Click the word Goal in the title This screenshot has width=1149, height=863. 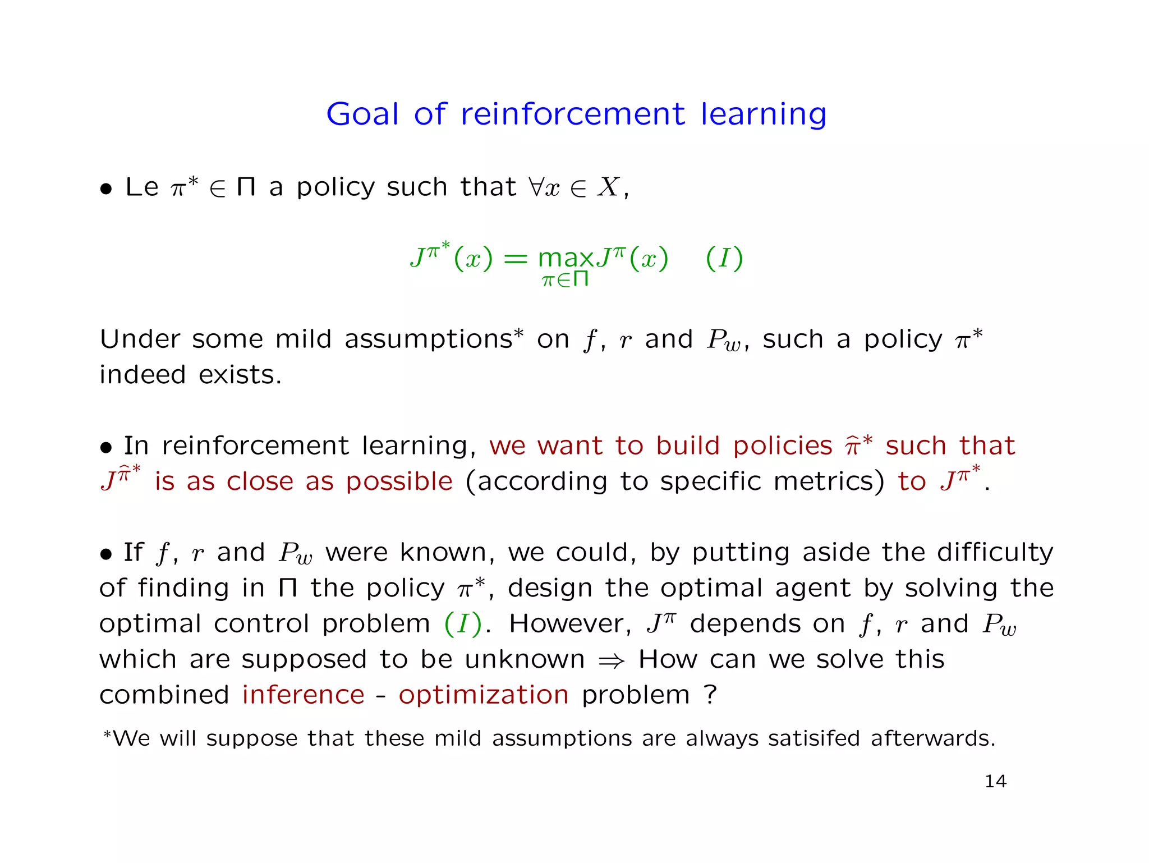(x=362, y=114)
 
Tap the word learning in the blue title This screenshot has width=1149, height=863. (x=764, y=116)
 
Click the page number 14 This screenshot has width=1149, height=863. (x=995, y=781)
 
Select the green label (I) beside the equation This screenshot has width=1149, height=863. (x=724, y=259)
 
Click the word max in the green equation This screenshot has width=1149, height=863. (x=565, y=259)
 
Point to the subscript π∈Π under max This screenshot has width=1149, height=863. (x=565, y=279)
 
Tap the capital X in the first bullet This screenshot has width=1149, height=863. (x=608, y=187)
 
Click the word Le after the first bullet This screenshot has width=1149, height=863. (x=142, y=187)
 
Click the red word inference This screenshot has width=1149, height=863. (x=304, y=695)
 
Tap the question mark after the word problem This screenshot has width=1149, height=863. (x=710, y=695)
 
